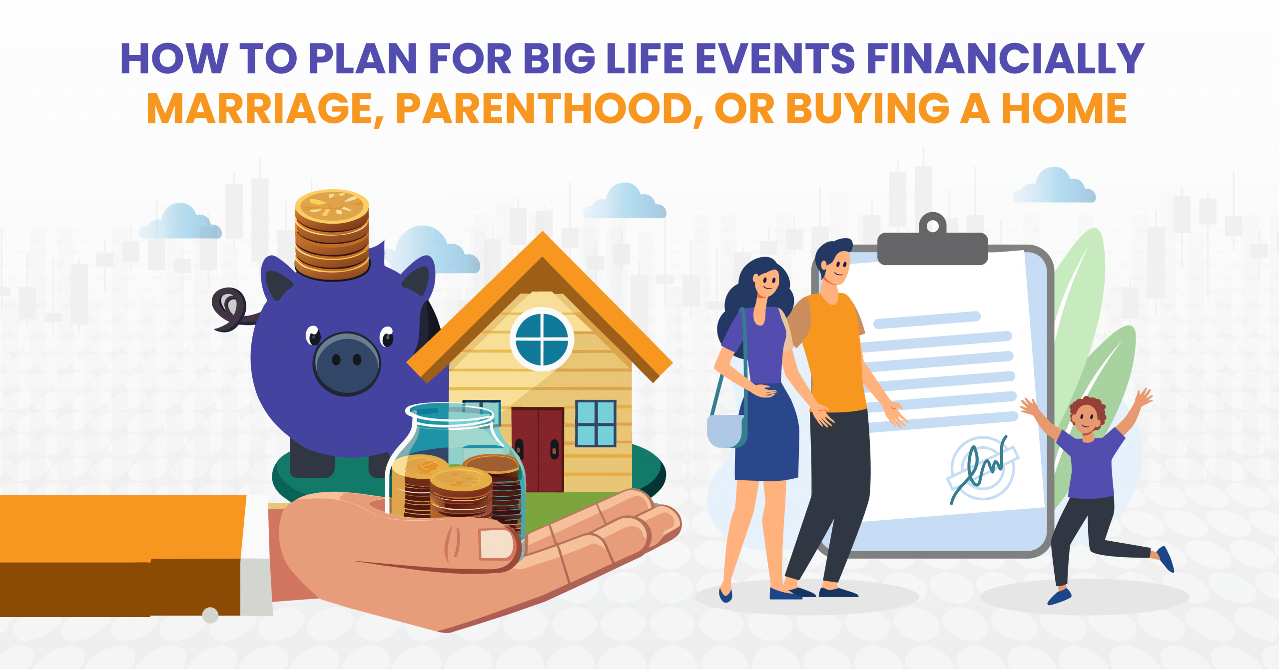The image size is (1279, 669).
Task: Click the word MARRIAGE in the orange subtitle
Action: (x=260, y=108)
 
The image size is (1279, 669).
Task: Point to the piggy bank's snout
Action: (x=347, y=363)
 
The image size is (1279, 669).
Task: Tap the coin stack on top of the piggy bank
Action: (x=332, y=235)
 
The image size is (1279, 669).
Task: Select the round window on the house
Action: (x=542, y=339)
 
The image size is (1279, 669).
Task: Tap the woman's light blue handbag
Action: (x=725, y=431)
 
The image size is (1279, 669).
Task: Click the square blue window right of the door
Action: (x=596, y=423)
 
